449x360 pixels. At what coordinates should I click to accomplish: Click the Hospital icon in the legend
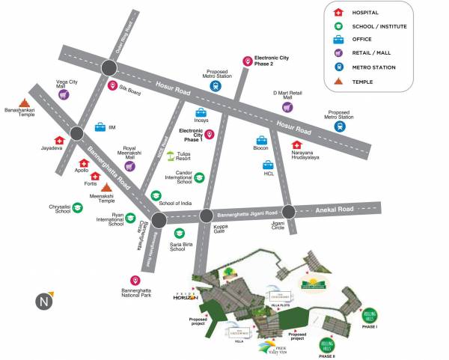(338, 13)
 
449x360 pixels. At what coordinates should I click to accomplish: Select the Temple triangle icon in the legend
(338, 80)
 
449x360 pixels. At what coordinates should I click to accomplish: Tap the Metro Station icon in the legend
(338, 67)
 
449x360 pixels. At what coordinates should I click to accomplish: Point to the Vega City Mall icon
(64, 95)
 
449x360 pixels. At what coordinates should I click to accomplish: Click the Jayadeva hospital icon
(59, 140)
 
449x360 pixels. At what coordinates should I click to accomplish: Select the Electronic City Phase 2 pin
(247, 61)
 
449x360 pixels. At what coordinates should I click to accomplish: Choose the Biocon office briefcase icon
(261, 140)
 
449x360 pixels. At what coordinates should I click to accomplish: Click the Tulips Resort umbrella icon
(171, 156)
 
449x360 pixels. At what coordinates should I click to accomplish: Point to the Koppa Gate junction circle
(206, 216)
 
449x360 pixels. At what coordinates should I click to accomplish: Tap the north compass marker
(43, 300)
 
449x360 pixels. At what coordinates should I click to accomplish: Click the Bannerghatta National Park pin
(135, 279)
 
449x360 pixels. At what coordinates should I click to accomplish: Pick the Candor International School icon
(200, 177)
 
